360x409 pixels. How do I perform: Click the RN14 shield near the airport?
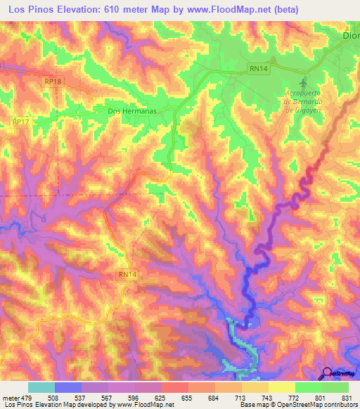click(257, 68)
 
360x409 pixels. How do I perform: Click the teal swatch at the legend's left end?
click(41, 388)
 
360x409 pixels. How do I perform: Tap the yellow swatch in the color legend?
click(281, 388)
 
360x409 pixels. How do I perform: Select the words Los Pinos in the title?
click(31, 9)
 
